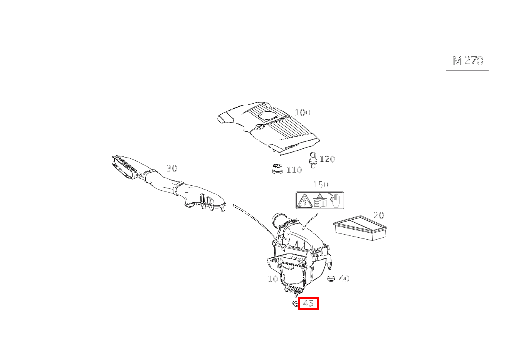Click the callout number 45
pyautogui.click(x=308, y=304)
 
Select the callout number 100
pyautogui.click(x=303, y=112)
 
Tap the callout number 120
pyautogui.click(x=327, y=159)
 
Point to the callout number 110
pyautogui.click(x=294, y=170)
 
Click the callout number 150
pyautogui.click(x=321, y=185)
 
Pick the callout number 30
pyautogui.click(x=172, y=168)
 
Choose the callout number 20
pyautogui.click(x=379, y=215)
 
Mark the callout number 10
pyautogui.click(x=273, y=279)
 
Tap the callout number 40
pyautogui.click(x=344, y=279)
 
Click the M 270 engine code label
pyautogui.click(x=467, y=61)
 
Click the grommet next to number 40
pyautogui.click(x=331, y=278)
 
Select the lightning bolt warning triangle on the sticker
pyautogui.click(x=304, y=201)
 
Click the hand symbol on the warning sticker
pyautogui.click(x=336, y=200)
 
